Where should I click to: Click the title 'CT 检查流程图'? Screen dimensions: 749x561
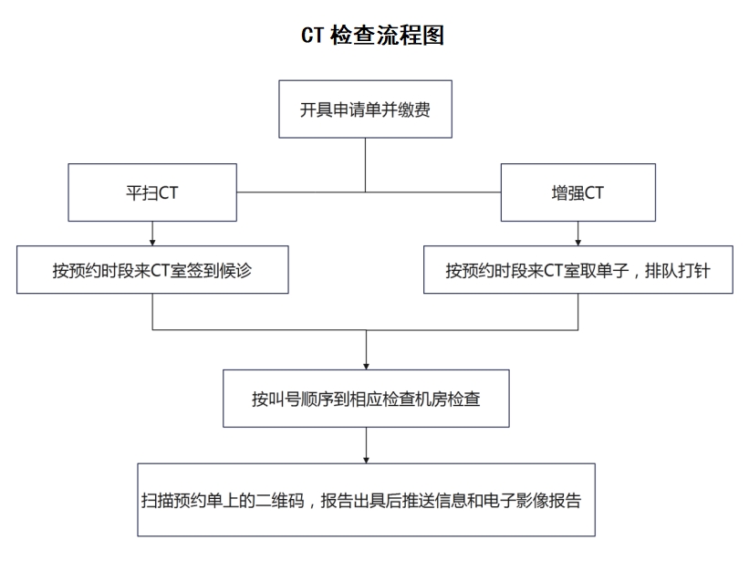point(372,36)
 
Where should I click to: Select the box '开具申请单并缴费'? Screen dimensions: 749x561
point(366,109)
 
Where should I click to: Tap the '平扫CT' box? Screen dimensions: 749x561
point(152,192)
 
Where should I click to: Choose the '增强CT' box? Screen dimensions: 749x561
point(578,192)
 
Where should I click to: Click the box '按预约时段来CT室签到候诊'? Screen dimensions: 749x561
point(152,270)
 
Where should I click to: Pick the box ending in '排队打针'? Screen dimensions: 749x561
point(578,270)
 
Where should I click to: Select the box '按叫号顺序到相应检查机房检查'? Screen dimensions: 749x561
point(366,399)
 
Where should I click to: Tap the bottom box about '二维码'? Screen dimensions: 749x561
point(367,499)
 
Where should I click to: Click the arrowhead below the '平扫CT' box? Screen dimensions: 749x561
point(152,243)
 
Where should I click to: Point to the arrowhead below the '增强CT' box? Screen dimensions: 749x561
point(578,243)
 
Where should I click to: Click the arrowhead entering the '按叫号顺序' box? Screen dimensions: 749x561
point(367,366)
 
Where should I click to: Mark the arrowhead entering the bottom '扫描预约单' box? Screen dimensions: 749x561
point(367,460)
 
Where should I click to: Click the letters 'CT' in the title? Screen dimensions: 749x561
point(312,36)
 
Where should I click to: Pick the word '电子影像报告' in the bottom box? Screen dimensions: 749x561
point(532,501)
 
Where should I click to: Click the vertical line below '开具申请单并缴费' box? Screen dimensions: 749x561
point(366,165)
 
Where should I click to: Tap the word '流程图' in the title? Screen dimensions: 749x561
point(411,36)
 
